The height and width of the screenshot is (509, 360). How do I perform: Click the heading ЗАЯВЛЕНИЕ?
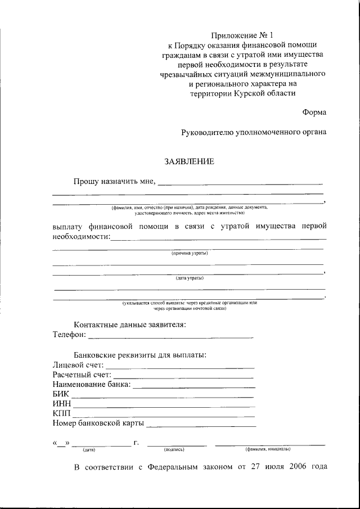click(189, 162)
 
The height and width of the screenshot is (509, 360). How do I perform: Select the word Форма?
click(314, 112)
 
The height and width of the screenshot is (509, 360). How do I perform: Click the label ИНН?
click(61, 404)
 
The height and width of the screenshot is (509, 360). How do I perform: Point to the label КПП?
click(61, 414)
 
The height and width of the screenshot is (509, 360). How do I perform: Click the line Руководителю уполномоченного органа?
click(253, 133)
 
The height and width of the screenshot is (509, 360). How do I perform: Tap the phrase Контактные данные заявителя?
click(130, 325)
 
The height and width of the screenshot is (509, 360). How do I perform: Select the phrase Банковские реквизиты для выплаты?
click(140, 355)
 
